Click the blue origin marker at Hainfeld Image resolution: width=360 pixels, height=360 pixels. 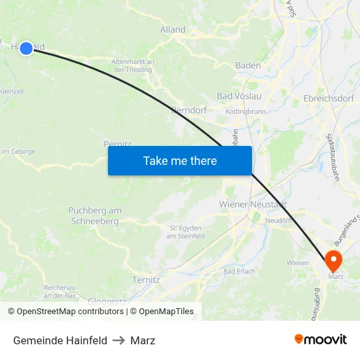coord(26,48)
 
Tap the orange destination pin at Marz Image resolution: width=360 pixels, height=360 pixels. coord(333,260)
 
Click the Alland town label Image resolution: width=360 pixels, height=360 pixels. coord(173,29)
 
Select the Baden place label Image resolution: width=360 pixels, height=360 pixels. coord(248,65)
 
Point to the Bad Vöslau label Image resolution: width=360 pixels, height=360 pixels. coord(239,96)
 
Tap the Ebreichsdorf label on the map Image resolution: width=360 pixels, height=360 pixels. coord(329,98)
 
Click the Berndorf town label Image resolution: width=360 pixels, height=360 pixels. coord(189,111)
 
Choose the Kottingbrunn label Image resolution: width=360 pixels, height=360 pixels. coord(245,112)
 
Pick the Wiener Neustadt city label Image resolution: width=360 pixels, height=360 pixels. coord(253,204)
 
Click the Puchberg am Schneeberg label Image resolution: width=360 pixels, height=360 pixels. coord(95,216)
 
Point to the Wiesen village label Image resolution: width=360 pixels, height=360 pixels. coord(298,262)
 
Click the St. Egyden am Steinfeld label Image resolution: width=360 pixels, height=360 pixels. coord(187,232)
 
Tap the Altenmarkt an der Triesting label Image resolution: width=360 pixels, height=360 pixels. coord(134,65)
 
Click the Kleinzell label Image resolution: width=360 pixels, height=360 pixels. coord(12,92)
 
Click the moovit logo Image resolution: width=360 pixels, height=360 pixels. coord(321,340)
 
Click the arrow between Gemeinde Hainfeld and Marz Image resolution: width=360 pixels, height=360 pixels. coord(118,340)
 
